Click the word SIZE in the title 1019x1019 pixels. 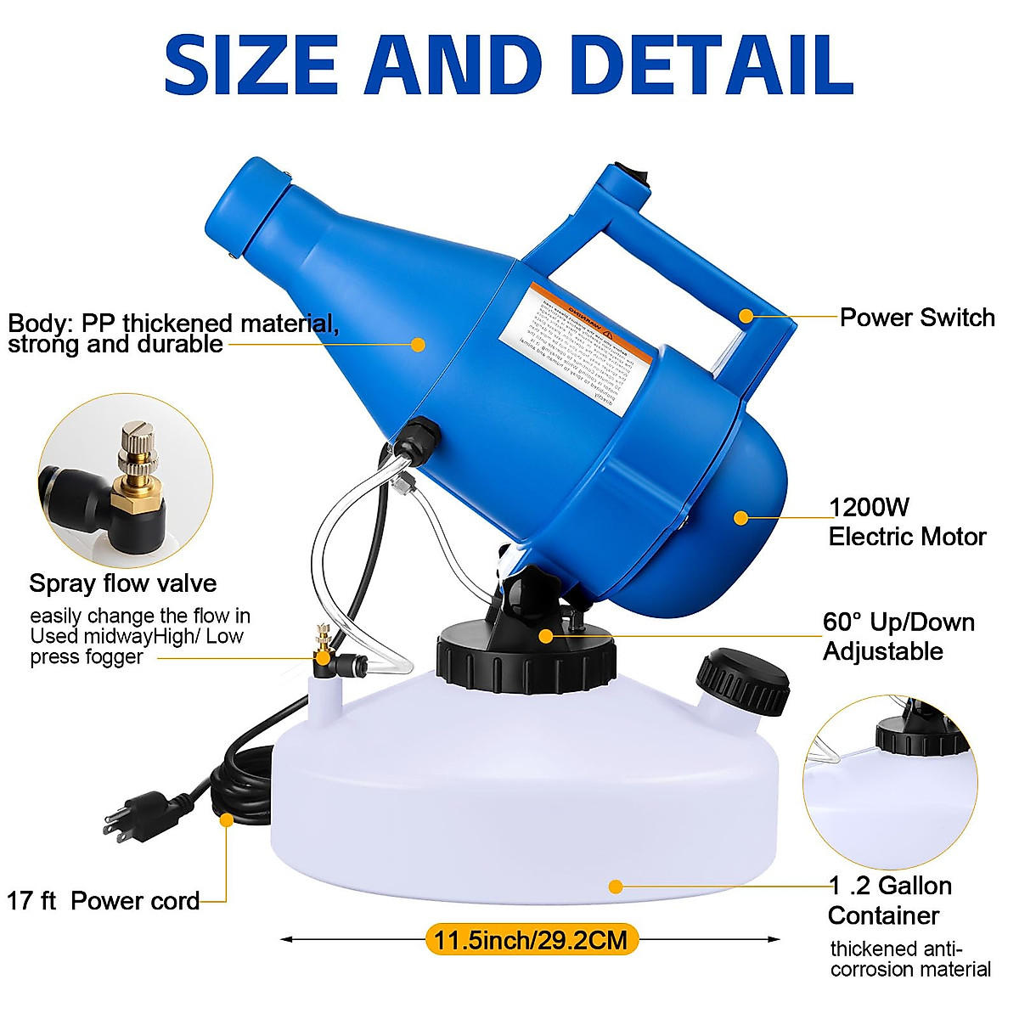(252, 65)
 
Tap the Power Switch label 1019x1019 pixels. (917, 318)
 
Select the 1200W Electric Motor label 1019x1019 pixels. (907, 522)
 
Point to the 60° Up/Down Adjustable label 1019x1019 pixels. (898, 637)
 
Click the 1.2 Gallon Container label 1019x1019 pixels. (890, 900)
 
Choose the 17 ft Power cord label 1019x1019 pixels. (104, 901)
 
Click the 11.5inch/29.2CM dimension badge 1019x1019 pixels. (531, 940)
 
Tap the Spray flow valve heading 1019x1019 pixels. (123, 583)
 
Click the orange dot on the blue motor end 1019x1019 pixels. (740, 517)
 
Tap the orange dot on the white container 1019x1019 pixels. (616, 887)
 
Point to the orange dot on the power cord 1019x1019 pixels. (226, 819)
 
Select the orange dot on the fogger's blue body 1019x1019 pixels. (418, 344)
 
